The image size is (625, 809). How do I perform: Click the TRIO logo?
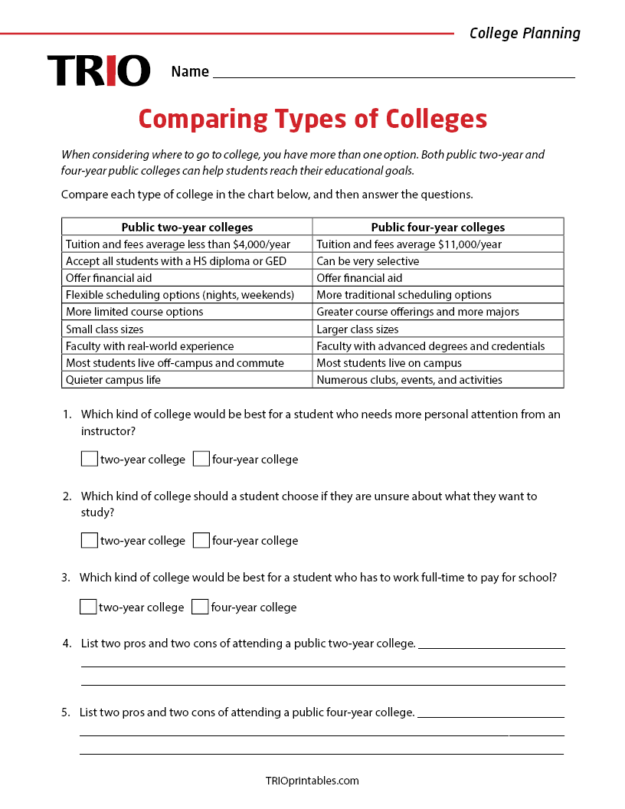click(x=99, y=70)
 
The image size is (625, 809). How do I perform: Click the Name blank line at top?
click(x=394, y=72)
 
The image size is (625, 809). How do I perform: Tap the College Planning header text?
click(x=525, y=33)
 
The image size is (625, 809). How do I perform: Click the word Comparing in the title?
click(x=203, y=120)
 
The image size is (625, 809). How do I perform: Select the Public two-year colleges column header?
click(x=187, y=227)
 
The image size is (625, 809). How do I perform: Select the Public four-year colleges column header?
click(x=437, y=227)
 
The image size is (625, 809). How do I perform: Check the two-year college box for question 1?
click(x=90, y=459)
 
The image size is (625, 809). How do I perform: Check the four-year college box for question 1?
click(x=201, y=459)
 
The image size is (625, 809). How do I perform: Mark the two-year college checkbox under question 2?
click(x=90, y=540)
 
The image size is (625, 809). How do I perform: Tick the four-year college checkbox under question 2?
click(x=201, y=540)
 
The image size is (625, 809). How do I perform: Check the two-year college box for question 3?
click(x=88, y=607)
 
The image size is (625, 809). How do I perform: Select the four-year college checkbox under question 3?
click(x=200, y=607)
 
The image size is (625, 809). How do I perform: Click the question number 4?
click(x=67, y=644)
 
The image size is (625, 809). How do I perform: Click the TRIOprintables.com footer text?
click(x=312, y=781)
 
